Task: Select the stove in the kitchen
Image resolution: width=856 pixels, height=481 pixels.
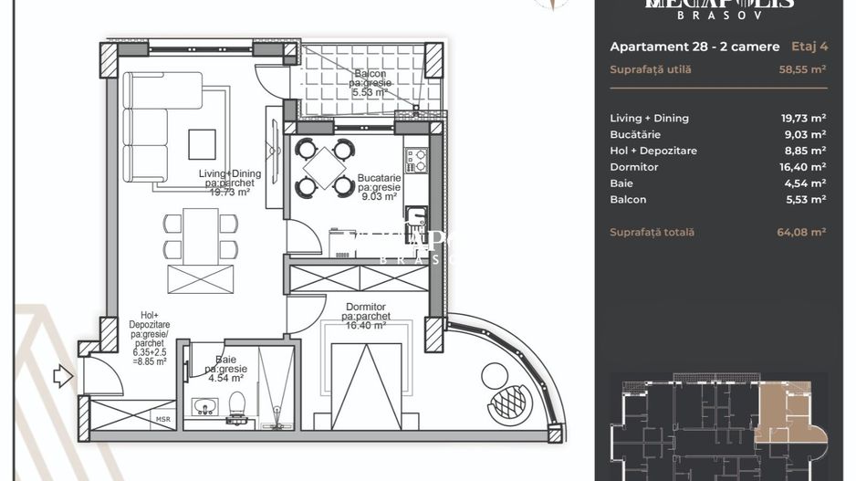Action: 415,161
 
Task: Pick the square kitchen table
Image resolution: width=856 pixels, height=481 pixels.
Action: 325,168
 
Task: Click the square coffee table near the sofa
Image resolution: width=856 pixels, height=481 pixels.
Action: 202,144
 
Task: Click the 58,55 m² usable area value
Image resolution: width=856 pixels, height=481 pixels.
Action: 802,69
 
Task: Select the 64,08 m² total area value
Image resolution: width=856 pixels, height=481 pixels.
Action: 801,233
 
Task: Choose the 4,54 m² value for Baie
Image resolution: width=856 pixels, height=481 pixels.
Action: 805,183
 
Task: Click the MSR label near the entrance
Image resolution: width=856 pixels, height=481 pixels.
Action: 162,420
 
